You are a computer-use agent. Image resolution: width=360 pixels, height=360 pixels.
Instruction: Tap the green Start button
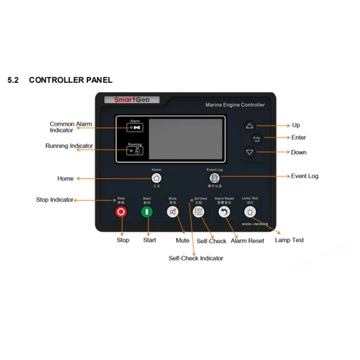tap(147, 212)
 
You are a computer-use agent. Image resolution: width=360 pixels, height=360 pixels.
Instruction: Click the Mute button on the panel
tap(173, 212)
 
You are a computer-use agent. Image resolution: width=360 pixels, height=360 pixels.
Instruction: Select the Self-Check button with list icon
tap(198, 212)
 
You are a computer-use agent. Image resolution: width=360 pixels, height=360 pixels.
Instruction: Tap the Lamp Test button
tap(250, 212)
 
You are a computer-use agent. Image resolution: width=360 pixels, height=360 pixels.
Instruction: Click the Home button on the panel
tap(157, 177)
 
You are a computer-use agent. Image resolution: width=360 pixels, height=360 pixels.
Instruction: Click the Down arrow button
tap(250, 152)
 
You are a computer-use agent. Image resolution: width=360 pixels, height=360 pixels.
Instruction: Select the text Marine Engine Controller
tap(235, 105)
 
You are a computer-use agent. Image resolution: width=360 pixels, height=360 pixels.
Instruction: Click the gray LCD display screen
tap(186, 139)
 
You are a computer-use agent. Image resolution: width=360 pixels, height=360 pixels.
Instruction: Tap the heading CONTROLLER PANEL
tap(71, 80)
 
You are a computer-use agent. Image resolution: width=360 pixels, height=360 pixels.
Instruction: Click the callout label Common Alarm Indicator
tap(71, 127)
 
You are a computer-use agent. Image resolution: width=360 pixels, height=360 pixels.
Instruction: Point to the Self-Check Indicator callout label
tap(196, 258)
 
